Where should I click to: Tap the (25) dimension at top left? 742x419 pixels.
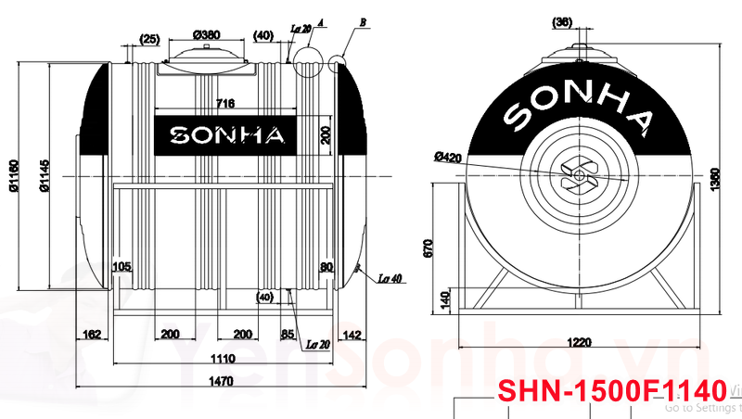[x=149, y=38]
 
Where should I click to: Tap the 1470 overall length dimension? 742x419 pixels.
[x=222, y=380]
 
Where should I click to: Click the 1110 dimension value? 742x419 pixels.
[x=222, y=358]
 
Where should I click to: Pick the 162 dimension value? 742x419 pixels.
[x=91, y=335]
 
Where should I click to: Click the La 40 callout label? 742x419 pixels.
[x=390, y=278]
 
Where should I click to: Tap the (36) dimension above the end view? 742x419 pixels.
[x=562, y=22]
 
